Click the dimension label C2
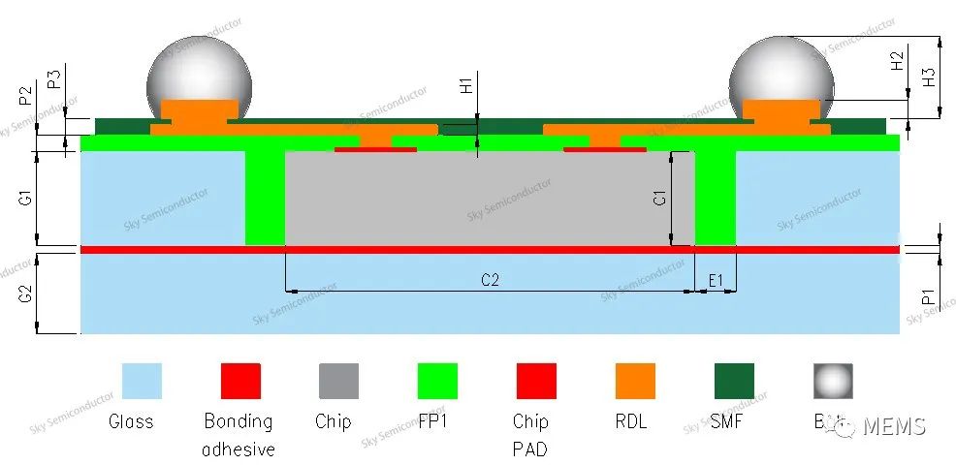tap(490, 281)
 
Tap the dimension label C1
tap(659, 198)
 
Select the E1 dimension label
tap(717, 281)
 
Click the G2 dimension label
tap(27, 293)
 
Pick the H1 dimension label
tap(466, 85)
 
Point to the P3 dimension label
tap(55, 78)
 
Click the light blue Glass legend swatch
tap(142, 381)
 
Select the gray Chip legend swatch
tap(338, 381)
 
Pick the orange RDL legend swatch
tap(635, 381)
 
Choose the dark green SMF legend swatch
tap(734, 381)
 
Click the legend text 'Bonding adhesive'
tap(239, 435)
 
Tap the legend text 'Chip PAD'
tap(530, 435)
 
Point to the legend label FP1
tap(436, 422)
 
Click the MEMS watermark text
tap(893, 426)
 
